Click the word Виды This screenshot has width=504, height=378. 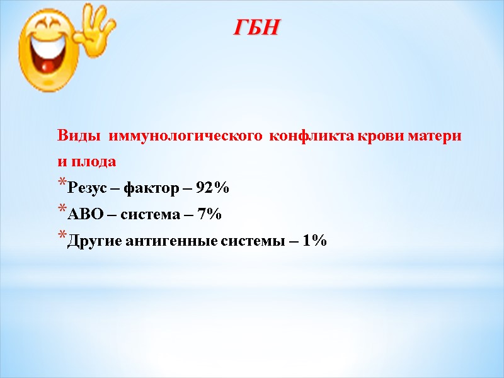(79, 136)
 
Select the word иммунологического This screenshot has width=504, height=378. (186, 136)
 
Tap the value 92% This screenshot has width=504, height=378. (212, 188)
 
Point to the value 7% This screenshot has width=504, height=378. (209, 214)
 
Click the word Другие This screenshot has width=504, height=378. (92, 240)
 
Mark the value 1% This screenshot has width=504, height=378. (314, 240)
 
